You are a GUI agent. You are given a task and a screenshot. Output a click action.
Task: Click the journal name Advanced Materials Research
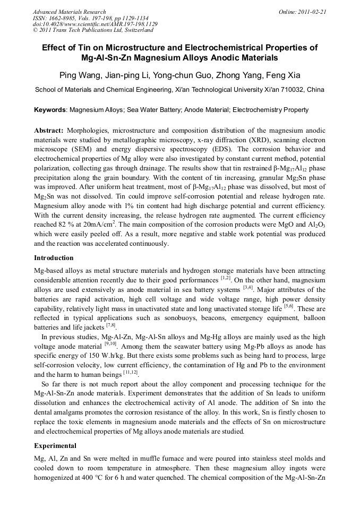click(69, 12)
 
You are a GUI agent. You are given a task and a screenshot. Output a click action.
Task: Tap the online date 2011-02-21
click(311, 12)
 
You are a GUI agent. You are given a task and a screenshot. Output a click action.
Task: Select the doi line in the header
click(95, 24)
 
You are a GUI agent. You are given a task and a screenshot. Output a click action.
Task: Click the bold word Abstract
click(49, 130)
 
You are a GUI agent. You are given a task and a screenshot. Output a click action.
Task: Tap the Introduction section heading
click(54, 258)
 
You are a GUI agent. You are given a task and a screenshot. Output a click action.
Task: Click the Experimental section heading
click(55, 446)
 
